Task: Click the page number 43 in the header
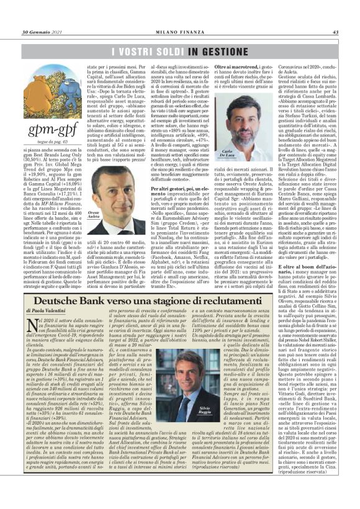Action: coord(335,32)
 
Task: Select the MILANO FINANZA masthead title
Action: coord(179,32)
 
